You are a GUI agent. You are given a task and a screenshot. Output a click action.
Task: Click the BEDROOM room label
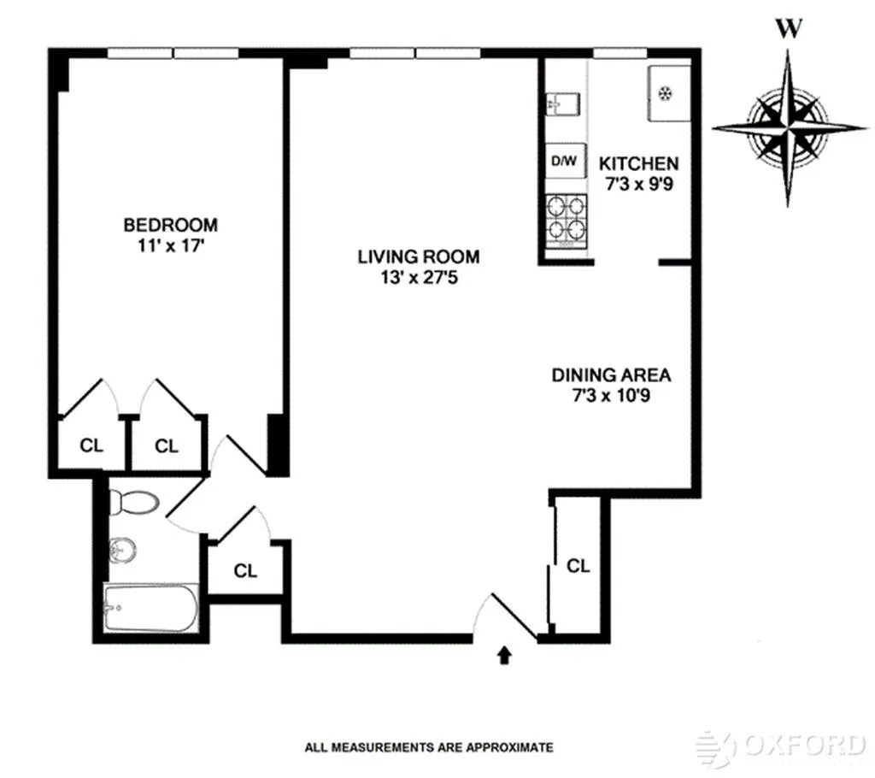point(170,225)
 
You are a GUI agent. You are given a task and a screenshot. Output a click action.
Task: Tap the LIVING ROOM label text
point(418,256)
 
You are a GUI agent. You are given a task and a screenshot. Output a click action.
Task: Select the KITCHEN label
point(638,163)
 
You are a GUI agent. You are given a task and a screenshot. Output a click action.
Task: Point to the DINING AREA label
point(610,374)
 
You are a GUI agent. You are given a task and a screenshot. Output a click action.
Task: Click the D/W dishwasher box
point(565,161)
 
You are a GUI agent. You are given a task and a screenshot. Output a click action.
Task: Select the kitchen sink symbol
point(563,103)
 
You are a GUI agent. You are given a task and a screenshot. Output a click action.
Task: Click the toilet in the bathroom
point(134,504)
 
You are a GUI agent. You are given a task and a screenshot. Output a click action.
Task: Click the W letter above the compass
point(789,29)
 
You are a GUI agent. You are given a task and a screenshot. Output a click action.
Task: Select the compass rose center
point(788,128)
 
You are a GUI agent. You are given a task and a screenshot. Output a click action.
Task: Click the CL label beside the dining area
point(578,565)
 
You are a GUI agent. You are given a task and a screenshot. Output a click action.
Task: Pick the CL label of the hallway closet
point(245,571)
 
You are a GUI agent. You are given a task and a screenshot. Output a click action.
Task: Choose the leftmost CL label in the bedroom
point(91,445)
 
